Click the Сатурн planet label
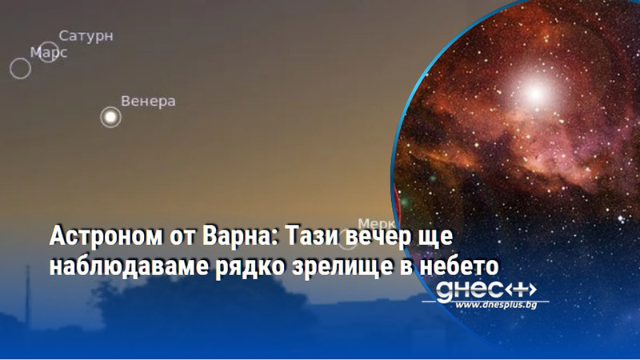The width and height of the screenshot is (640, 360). [86, 36]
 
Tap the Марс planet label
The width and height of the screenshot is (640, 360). [49, 53]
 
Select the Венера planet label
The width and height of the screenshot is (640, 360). [148, 102]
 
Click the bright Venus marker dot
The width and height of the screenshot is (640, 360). [110, 118]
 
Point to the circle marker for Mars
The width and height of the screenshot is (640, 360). [20, 68]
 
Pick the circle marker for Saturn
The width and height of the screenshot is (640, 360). [48, 52]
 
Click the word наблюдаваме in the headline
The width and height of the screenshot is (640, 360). [121, 265]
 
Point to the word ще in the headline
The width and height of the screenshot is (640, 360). [429, 238]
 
